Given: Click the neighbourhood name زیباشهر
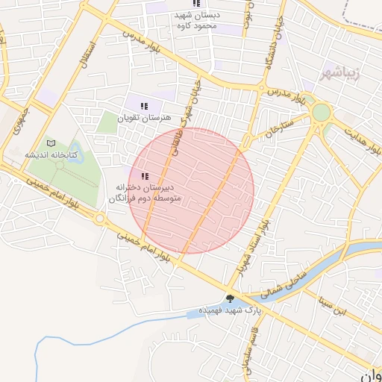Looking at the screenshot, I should click(x=352, y=74).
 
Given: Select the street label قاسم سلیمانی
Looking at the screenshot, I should click(x=245, y=351).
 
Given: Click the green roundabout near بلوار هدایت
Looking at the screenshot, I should click(x=321, y=112).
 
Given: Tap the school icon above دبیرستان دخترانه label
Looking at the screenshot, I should click(x=144, y=175).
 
